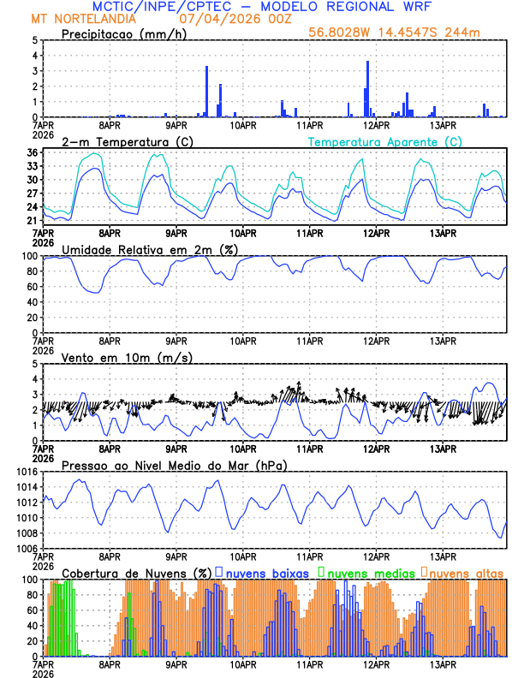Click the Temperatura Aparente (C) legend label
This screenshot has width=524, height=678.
(x=384, y=141)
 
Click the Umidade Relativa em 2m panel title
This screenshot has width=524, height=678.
(x=148, y=249)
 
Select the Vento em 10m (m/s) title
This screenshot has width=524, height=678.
(x=120, y=357)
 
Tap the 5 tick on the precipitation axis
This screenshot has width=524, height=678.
(x=34, y=40)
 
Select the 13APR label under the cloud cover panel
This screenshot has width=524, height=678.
(x=442, y=663)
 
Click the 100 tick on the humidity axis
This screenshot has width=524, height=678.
(x=28, y=256)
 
